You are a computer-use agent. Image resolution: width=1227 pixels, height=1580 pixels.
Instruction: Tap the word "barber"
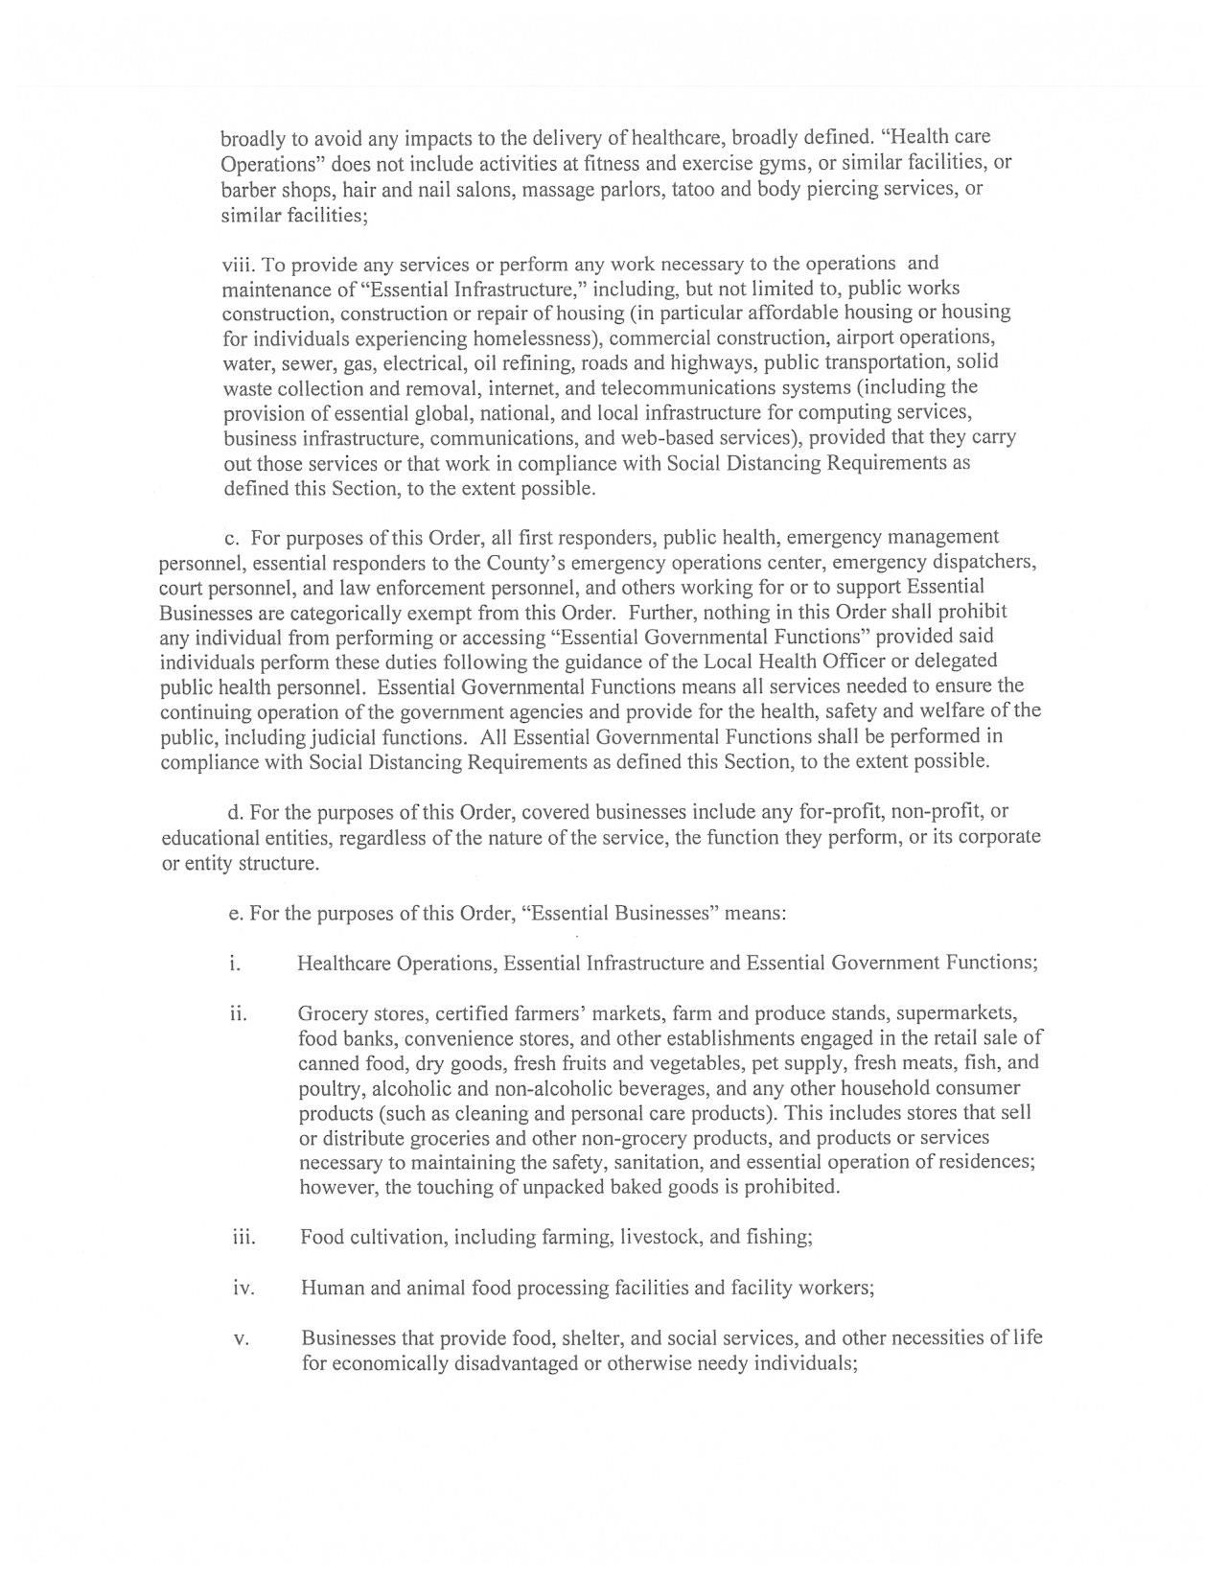(x=249, y=189)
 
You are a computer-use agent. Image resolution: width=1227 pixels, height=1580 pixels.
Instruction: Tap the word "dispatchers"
(x=987, y=561)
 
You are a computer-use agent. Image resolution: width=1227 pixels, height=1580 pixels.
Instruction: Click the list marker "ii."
(x=238, y=1013)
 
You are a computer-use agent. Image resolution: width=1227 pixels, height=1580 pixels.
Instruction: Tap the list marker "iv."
(x=243, y=1288)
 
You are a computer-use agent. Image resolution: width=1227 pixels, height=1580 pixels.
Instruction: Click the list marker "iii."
(x=243, y=1237)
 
